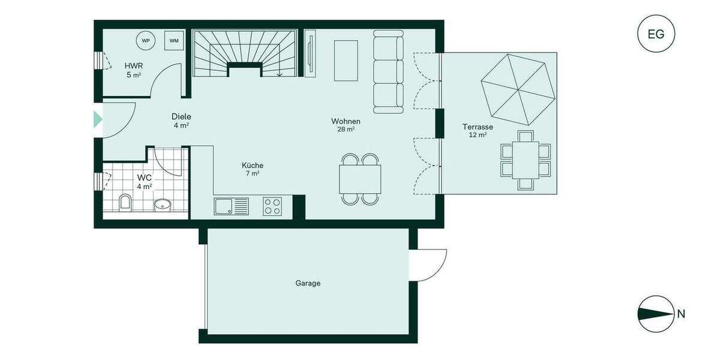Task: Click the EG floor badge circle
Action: pyautogui.click(x=656, y=34)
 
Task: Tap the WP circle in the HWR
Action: pyautogui.click(x=146, y=41)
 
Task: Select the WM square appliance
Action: pyautogui.click(x=174, y=41)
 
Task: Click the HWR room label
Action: pyautogui.click(x=133, y=65)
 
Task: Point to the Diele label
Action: pyautogui.click(x=181, y=116)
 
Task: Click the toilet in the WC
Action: pyautogui.click(x=125, y=202)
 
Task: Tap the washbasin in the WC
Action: pyautogui.click(x=163, y=205)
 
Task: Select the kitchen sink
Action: pyautogui.click(x=231, y=206)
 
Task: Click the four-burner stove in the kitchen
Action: pyautogui.click(x=272, y=206)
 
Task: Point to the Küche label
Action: pyautogui.click(x=253, y=166)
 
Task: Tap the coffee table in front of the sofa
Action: pyautogui.click(x=346, y=60)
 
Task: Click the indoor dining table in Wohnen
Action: pyautogui.click(x=360, y=179)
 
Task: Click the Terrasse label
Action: pyautogui.click(x=478, y=127)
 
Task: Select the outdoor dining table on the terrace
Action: pyautogui.click(x=526, y=160)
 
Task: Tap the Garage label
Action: pyautogui.click(x=308, y=283)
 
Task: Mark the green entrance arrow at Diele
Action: pyautogui.click(x=98, y=119)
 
